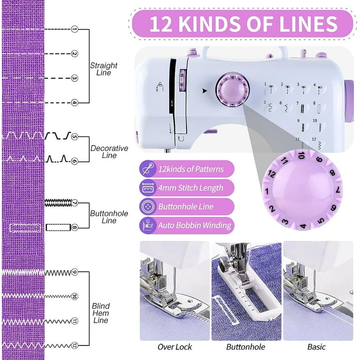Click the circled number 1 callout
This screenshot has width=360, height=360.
pos(74,29)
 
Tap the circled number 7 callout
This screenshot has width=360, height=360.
pos(74,202)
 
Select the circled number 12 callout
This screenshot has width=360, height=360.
pos(74,345)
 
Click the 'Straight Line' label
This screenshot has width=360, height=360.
pos(104,69)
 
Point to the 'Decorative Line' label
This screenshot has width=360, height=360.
pos(109,151)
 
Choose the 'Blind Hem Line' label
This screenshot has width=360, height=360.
pos(101,313)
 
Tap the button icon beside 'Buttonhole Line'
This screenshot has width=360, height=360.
pos(148,207)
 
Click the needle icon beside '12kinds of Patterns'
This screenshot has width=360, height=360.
pos(148,169)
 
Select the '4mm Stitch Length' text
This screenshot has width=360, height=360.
pos(191,188)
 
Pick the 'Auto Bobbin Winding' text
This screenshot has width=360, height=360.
pos(195,225)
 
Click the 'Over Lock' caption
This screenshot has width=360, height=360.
pos(175,347)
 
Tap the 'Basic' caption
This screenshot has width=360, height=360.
pos(316,347)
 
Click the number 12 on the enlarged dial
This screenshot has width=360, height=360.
pos(272,174)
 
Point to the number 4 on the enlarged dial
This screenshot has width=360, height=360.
pos(303,226)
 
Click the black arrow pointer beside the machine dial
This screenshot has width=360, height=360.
pos(204,91)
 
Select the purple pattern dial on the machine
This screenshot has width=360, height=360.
pos(232,90)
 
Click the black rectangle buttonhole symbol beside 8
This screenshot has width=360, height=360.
pos(58,227)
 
